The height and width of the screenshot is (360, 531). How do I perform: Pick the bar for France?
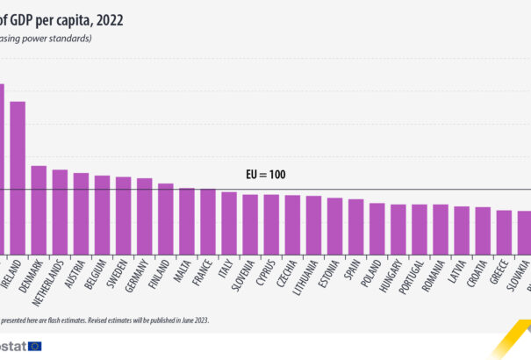coord(208,222)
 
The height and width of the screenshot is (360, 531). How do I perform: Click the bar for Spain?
coord(355,227)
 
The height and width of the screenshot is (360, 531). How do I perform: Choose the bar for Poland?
coord(377,229)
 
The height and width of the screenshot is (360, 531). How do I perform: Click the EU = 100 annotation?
coord(266,176)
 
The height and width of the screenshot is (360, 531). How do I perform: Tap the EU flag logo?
coord(35,346)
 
